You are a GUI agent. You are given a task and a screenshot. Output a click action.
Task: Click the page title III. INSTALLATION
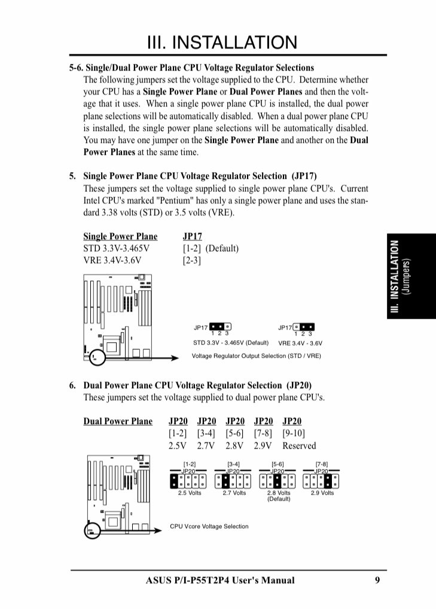(x=222, y=42)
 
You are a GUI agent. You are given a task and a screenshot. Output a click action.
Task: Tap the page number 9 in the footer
(x=377, y=580)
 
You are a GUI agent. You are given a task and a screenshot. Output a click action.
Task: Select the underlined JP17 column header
(x=192, y=236)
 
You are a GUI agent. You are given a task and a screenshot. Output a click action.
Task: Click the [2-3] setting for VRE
(x=192, y=260)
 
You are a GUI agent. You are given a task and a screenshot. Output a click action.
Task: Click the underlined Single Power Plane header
(x=120, y=236)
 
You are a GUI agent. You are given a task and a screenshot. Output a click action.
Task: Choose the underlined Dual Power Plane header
(x=118, y=421)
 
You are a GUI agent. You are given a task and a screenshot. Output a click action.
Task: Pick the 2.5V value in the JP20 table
(x=178, y=445)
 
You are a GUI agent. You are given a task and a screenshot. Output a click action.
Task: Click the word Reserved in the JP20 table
(x=299, y=445)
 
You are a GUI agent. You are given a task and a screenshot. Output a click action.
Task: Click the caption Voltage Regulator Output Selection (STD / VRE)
(x=256, y=355)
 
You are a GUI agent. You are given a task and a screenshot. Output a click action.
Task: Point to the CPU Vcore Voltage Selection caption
(x=209, y=526)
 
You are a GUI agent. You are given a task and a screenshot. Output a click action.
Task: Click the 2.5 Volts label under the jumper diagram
(x=190, y=493)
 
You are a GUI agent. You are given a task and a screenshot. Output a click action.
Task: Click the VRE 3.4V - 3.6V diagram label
(x=300, y=343)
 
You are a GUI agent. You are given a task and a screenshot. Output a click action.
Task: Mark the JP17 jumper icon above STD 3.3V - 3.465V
(x=220, y=327)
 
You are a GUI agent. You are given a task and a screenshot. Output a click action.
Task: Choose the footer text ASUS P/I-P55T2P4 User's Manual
(x=220, y=580)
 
